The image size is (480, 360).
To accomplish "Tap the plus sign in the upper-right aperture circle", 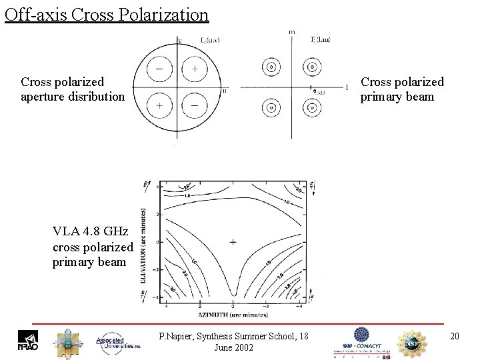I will click(195, 69).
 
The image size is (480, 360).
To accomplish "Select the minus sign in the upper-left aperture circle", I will click(161, 69).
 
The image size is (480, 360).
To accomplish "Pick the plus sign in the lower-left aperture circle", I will click(161, 105).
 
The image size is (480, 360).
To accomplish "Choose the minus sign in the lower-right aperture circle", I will click(194, 105).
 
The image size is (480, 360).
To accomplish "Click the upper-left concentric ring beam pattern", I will click(271, 67).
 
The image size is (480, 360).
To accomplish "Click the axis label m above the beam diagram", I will click(291, 32).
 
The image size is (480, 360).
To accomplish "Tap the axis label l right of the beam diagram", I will click(347, 87).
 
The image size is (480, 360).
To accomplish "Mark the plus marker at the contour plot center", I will click(232, 242).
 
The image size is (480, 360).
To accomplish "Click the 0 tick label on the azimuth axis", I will click(232, 305).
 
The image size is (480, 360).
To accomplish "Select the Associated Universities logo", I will click(119, 341).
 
